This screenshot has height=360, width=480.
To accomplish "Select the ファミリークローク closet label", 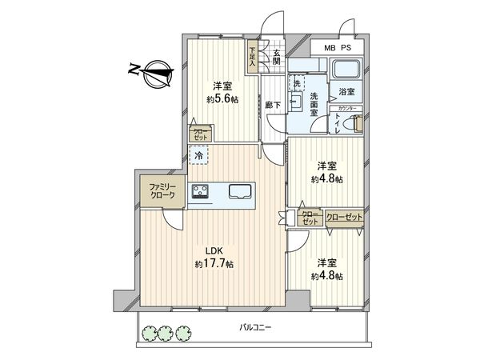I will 159,194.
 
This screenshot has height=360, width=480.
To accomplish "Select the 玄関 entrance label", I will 276,58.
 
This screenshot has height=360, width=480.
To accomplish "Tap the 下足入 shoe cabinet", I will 253,58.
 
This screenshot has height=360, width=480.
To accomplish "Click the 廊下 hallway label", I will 273,104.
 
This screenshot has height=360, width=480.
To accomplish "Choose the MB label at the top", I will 330,48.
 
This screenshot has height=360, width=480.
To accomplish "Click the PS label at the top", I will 346,48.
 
